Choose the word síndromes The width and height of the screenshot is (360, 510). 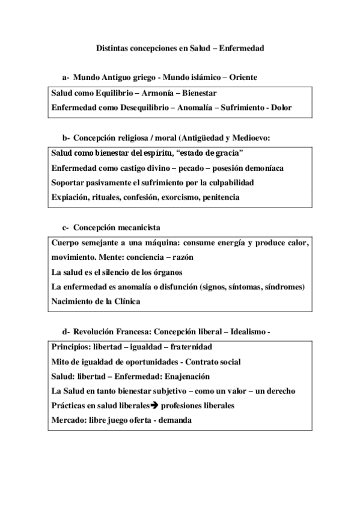click(282, 286)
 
